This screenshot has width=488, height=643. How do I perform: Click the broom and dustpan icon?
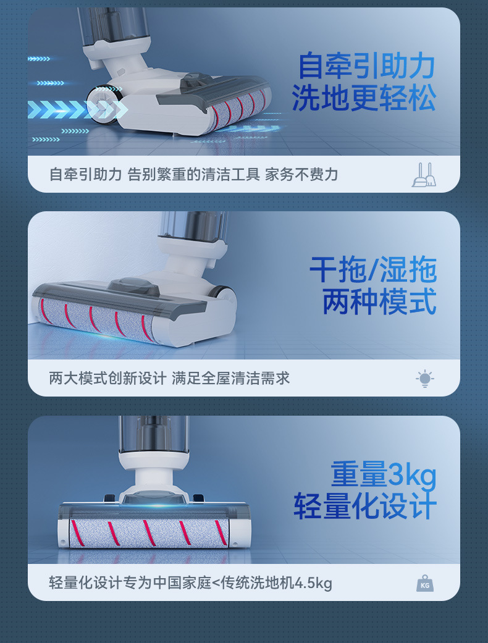424,175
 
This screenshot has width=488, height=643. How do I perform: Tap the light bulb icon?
425,379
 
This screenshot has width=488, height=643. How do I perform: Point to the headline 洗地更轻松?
364,98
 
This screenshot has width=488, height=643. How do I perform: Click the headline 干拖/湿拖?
373,270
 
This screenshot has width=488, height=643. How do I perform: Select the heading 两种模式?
379,302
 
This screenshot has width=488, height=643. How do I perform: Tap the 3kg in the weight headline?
412,475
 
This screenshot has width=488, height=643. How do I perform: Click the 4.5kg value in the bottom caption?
313,583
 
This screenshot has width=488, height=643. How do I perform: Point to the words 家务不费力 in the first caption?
301,175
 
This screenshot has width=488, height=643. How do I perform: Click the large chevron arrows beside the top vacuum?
74,109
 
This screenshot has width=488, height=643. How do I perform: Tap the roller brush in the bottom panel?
149,533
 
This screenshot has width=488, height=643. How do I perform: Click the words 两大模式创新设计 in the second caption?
107,378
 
